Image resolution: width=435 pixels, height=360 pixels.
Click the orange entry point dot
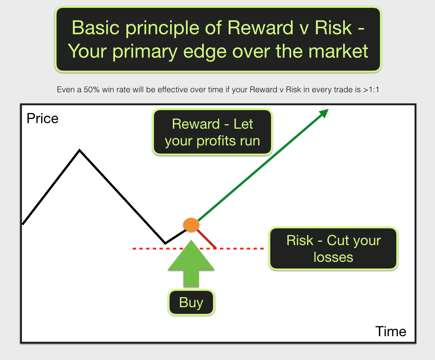click(x=191, y=225)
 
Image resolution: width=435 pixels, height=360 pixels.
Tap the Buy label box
click(x=191, y=302)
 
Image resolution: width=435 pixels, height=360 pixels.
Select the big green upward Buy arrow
click(x=191, y=263)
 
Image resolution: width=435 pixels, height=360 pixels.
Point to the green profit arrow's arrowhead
click(x=324, y=113)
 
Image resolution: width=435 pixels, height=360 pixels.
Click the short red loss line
click(x=207, y=238)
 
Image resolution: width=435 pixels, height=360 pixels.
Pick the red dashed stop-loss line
click(x=198, y=248)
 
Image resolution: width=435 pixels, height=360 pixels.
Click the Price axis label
click(x=42, y=119)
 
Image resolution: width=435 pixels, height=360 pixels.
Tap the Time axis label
click(x=391, y=331)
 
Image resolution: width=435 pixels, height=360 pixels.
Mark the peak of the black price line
click(x=80, y=150)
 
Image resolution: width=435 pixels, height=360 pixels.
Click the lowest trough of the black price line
click(x=165, y=244)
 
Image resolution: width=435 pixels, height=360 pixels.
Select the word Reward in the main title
click(x=260, y=28)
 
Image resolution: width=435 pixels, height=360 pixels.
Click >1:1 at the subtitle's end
click(x=371, y=90)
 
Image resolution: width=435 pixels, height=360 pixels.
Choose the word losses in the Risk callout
click(x=333, y=257)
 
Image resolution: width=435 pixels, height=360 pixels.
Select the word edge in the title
click(x=205, y=52)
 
